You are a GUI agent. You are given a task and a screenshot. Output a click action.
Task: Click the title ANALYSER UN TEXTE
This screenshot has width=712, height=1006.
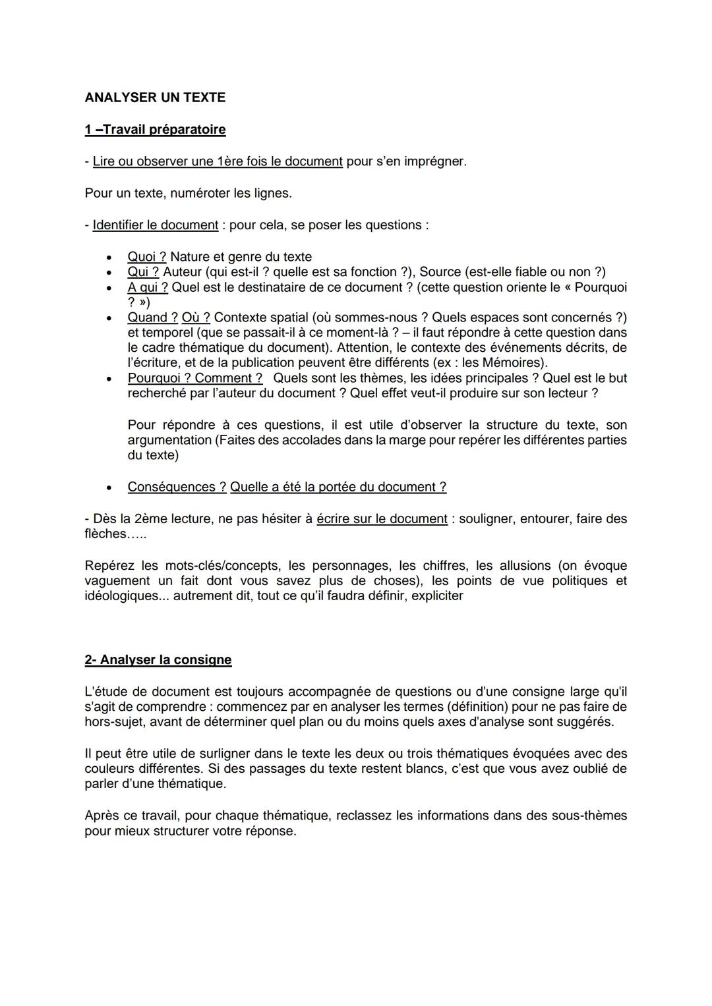click(155, 98)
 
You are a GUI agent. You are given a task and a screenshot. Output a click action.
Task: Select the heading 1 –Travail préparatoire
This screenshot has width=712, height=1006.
click(155, 129)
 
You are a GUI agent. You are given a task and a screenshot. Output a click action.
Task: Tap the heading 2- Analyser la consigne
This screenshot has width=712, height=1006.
click(158, 659)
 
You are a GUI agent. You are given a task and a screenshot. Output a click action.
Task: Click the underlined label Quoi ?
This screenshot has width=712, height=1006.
click(146, 257)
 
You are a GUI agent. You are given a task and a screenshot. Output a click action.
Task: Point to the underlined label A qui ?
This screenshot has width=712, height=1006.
click(148, 287)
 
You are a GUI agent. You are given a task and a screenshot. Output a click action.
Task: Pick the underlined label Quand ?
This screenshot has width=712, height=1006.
click(152, 318)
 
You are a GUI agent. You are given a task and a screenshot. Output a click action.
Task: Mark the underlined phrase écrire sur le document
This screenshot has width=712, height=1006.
click(382, 518)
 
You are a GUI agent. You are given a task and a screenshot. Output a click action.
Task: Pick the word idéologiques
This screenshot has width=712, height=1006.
click(122, 596)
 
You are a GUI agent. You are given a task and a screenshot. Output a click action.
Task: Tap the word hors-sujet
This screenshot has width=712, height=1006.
click(115, 722)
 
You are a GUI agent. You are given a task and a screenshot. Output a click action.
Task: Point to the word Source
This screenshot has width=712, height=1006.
click(440, 272)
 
